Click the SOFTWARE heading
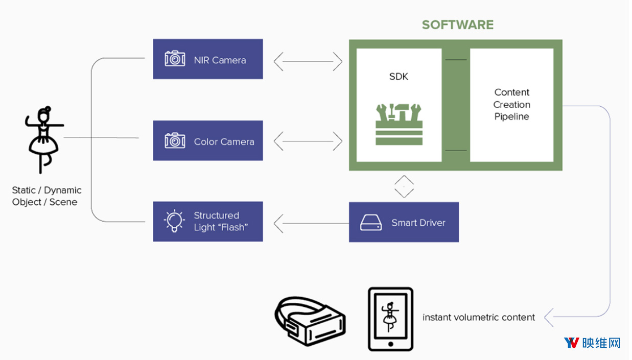tap(457, 25)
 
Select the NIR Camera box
tap(208, 59)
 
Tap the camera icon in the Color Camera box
tap(175, 140)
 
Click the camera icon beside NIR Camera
tap(175, 58)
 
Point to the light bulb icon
tap(174, 221)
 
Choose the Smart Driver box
tap(404, 222)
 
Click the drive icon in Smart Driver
tap(371, 223)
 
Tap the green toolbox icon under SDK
tap(399, 124)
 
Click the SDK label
tap(399, 77)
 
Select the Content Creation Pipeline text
tap(511, 104)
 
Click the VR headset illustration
tap(310, 321)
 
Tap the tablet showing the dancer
tap(390, 319)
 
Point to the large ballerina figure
tap(44, 140)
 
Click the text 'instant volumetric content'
tap(479, 318)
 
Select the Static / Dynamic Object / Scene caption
tap(46, 196)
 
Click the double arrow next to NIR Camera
tap(308, 61)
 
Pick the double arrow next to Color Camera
tap(308, 141)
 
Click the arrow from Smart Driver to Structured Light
tap(311, 224)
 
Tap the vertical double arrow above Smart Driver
tap(404, 186)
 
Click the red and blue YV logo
tap(572, 343)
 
